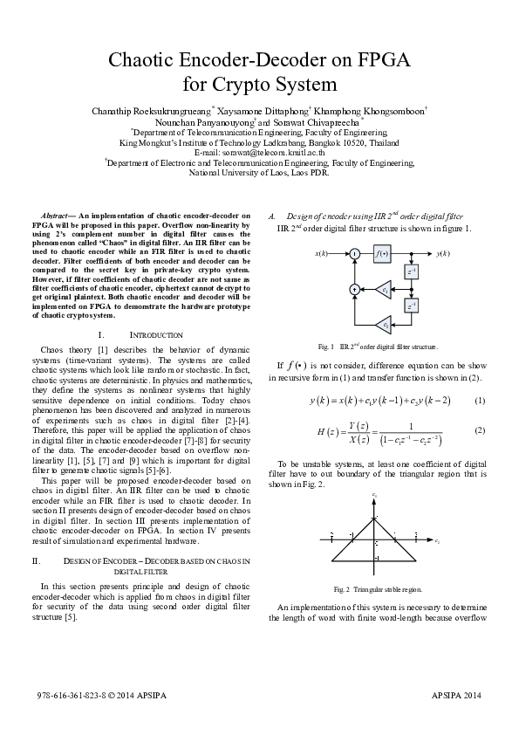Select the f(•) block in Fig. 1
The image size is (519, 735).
point(382,253)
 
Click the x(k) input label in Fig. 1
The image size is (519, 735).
point(320,253)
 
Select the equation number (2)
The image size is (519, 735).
point(479,430)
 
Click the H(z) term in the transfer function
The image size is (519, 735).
point(322,431)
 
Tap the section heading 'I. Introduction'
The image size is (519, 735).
point(145,335)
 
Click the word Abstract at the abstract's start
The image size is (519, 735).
point(57,215)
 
